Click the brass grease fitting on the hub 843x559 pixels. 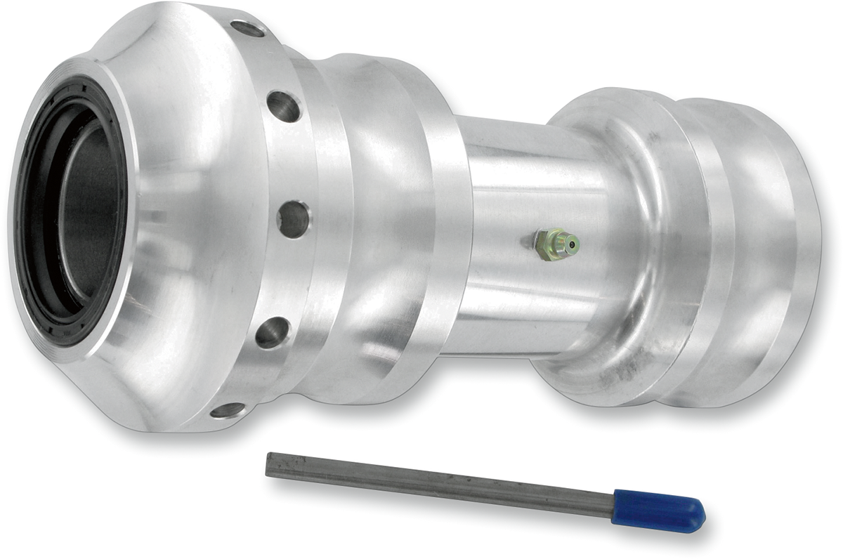[555, 244]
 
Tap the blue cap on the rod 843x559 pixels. [657, 509]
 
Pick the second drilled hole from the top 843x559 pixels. [284, 106]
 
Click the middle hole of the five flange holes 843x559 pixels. [293, 218]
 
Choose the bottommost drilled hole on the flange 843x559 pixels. [228, 409]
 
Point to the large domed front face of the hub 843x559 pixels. [190, 211]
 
